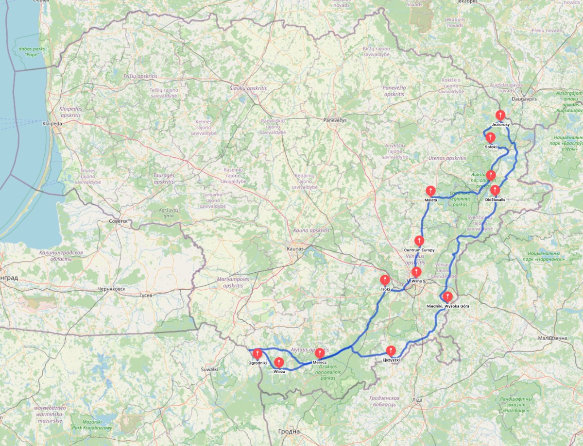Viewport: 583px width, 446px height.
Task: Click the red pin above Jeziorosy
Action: click(500, 116)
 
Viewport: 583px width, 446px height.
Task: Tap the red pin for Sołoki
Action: click(490, 138)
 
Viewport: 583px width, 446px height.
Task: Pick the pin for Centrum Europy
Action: click(419, 241)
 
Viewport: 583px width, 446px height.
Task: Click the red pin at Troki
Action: click(385, 280)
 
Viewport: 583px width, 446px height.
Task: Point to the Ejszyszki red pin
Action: click(391, 350)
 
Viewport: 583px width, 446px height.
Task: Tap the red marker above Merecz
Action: click(320, 353)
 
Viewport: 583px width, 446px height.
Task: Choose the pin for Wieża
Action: click(279, 363)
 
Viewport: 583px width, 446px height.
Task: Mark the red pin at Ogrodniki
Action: click(257, 354)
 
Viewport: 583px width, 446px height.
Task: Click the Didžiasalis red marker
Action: click(495, 190)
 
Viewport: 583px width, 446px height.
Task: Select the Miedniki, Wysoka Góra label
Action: click(447, 306)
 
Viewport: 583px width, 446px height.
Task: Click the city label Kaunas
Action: click(295, 248)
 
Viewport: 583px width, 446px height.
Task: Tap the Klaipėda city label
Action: click(52, 124)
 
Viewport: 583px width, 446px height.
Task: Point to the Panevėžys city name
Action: click(335, 120)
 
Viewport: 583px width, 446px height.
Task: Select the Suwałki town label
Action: click(210, 369)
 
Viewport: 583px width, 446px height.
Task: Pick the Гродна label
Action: click(289, 431)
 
